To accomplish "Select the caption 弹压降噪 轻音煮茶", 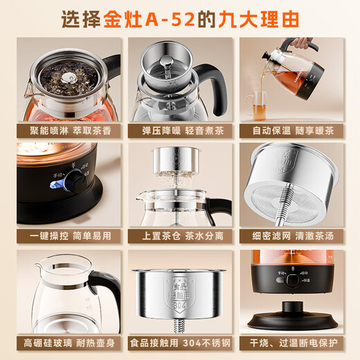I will tap(180, 130).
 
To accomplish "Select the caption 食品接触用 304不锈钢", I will tap(180, 343).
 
